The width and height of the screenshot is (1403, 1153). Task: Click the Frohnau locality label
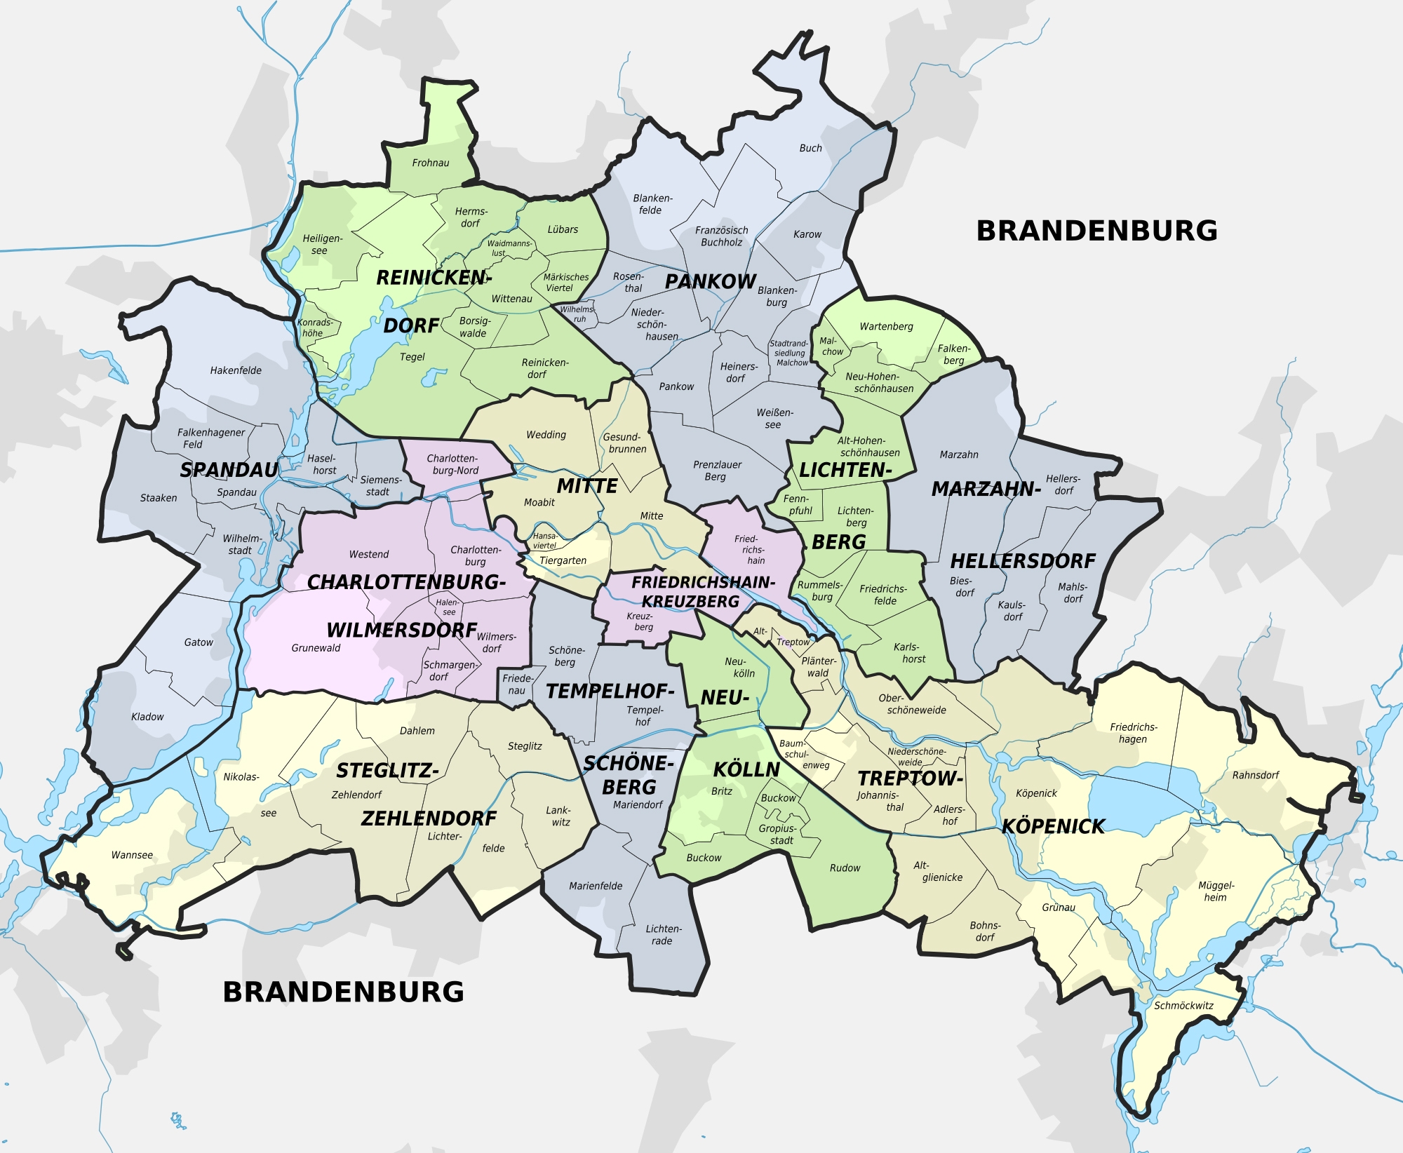pyautogui.click(x=430, y=163)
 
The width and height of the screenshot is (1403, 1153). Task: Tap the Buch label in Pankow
pyautogui.click(x=810, y=148)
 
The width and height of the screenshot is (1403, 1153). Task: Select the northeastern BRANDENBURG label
pyautogui.click(x=1096, y=231)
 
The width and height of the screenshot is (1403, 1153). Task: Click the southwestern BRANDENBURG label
pyautogui.click(x=343, y=992)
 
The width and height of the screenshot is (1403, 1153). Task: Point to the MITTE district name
pyautogui.click(x=587, y=486)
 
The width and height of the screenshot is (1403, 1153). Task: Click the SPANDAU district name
pyautogui.click(x=229, y=470)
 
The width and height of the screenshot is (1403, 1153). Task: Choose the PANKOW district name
pyautogui.click(x=710, y=281)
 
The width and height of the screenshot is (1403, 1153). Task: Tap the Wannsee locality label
pyautogui.click(x=132, y=855)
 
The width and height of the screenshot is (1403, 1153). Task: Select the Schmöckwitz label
pyautogui.click(x=1183, y=1006)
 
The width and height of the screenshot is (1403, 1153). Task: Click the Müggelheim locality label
pyautogui.click(x=1216, y=891)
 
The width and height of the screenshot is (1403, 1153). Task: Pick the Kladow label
pyautogui.click(x=147, y=717)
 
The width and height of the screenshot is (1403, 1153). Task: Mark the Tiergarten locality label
pyautogui.click(x=563, y=560)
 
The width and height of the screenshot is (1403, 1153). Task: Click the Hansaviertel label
pyautogui.click(x=545, y=541)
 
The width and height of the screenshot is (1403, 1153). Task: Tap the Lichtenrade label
pyautogui.click(x=663, y=935)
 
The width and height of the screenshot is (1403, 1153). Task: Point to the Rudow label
pyautogui.click(x=845, y=868)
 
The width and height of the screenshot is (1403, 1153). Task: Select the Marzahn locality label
pyautogui.click(x=958, y=455)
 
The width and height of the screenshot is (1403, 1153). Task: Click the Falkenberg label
pyautogui.click(x=954, y=354)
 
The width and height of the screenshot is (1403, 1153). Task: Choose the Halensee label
pyautogui.click(x=448, y=607)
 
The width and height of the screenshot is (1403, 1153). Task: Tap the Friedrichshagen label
pyautogui.click(x=1133, y=733)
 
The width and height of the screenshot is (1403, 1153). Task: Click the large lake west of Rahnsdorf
pyautogui.click(x=1133, y=796)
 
